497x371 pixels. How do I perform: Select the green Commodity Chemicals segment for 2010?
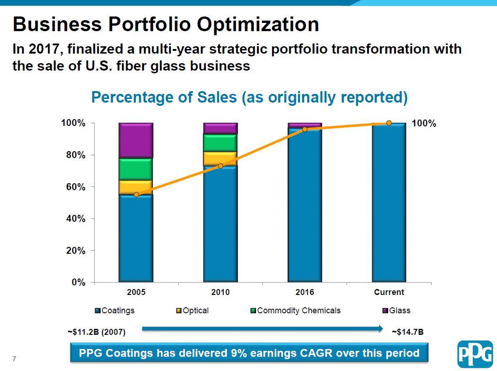click(x=220, y=143)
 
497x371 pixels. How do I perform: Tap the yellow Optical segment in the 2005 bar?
click(x=136, y=187)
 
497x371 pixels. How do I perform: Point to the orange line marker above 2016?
click(x=305, y=129)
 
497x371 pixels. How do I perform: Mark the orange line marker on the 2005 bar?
click(x=136, y=195)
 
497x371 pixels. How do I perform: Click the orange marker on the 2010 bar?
click(x=220, y=166)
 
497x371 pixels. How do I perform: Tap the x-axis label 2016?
click(x=305, y=292)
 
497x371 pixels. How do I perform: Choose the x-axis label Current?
click(x=389, y=292)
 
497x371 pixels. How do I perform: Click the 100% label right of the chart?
click(x=424, y=123)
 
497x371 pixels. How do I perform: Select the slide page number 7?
click(x=14, y=359)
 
